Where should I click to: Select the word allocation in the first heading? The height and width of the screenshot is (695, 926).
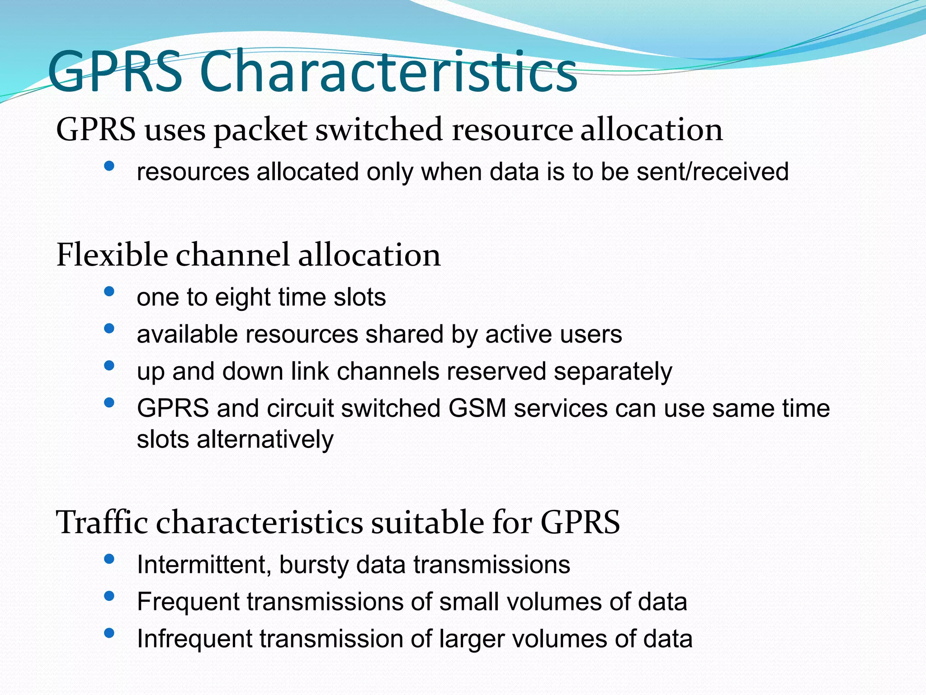[651, 129]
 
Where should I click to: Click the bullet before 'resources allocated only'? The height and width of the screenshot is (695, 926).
[109, 166]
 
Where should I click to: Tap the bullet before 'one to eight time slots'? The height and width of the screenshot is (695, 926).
[109, 291]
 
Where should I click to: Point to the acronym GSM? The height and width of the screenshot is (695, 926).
[477, 408]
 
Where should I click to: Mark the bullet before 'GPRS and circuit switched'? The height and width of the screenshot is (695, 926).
[109, 402]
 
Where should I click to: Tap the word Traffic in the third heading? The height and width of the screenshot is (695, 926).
[102, 522]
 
